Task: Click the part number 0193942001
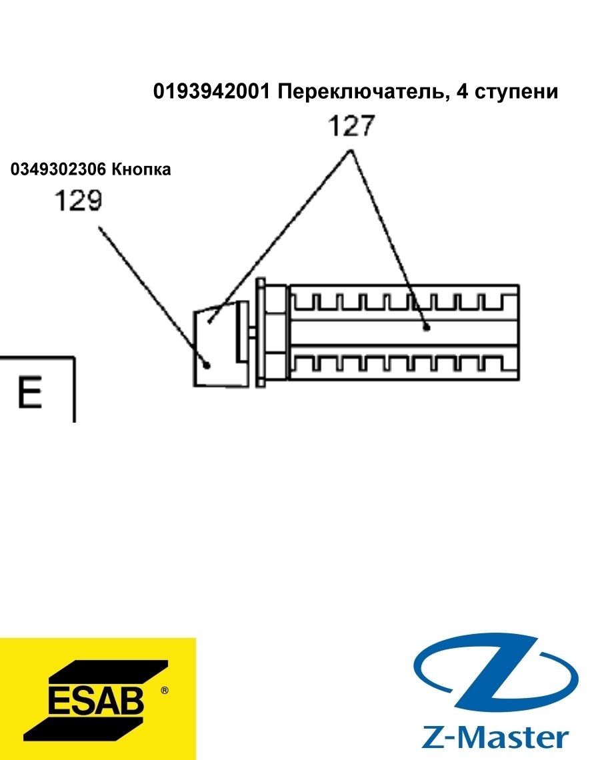point(211,91)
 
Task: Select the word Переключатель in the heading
point(361,91)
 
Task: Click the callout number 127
point(351,125)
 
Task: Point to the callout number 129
point(78,200)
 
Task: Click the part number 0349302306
point(58,169)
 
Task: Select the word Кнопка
point(141,169)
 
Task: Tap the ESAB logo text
point(96,700)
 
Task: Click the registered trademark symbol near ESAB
point(164,690)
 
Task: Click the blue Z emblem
point(496,675)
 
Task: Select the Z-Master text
point(495,738)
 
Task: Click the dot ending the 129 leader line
point(207,365)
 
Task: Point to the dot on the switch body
point(427,327)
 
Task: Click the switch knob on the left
point(221,343)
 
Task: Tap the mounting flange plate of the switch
point(261,333)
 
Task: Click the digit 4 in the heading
point(463,91)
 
